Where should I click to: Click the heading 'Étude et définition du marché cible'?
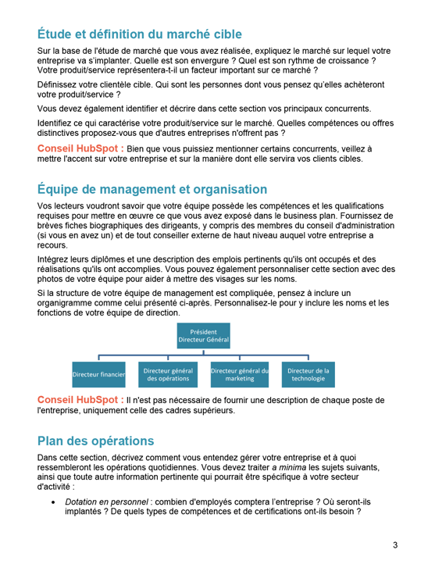140,34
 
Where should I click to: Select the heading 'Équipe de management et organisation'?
152,189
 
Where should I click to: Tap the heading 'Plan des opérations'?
95,441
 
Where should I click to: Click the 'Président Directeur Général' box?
203,336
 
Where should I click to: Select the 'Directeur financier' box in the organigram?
99,375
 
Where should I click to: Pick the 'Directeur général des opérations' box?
168,375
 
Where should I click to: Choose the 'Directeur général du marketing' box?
240,375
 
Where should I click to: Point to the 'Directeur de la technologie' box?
308,375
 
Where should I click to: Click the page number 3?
395,544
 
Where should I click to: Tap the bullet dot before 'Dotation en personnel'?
53,501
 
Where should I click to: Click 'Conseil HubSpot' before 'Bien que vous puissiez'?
80,147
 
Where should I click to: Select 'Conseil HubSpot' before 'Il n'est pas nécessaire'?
80,399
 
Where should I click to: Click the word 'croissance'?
341,61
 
